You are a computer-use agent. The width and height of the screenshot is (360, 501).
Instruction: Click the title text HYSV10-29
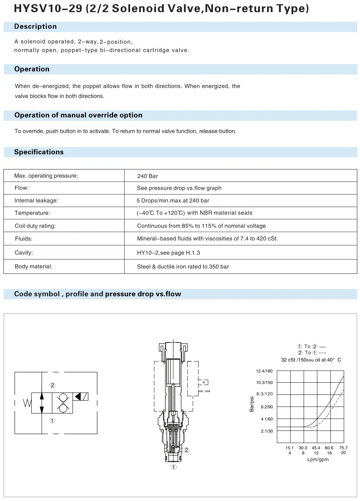point(48,8)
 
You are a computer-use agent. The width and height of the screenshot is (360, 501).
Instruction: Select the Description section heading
point(35,27)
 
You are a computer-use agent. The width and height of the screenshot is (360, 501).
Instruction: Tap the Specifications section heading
point(39,152)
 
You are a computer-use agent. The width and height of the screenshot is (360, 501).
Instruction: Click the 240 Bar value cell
point(147,176)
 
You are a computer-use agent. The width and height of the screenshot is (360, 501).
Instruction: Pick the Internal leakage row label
point(36,201)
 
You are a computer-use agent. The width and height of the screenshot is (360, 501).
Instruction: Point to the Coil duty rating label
point(35,226)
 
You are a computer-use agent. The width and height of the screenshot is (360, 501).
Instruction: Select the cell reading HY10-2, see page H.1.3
point(168,253)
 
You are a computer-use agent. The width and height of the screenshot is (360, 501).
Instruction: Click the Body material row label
point(33,267)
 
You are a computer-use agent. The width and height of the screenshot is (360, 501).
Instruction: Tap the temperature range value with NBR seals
point(194,213)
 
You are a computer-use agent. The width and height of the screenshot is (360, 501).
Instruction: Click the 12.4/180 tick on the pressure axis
point(264,371)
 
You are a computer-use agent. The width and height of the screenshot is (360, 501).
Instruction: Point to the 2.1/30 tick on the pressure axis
point(267,431)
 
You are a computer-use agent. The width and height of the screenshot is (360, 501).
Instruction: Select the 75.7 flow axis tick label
point(343,448)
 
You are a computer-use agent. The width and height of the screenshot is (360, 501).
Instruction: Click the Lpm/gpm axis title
point(318,460)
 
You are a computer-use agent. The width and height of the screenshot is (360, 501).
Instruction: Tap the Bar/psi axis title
point(252,404)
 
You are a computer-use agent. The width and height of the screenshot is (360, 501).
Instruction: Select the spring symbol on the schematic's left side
point(27,403)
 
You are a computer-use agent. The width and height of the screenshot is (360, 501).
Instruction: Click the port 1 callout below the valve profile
point(174,467)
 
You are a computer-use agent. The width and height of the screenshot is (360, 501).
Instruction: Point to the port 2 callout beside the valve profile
point(186,450)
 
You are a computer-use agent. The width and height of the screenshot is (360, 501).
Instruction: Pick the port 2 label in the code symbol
point(52,385)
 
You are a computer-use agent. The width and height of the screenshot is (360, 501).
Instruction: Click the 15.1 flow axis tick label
point(289,448)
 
